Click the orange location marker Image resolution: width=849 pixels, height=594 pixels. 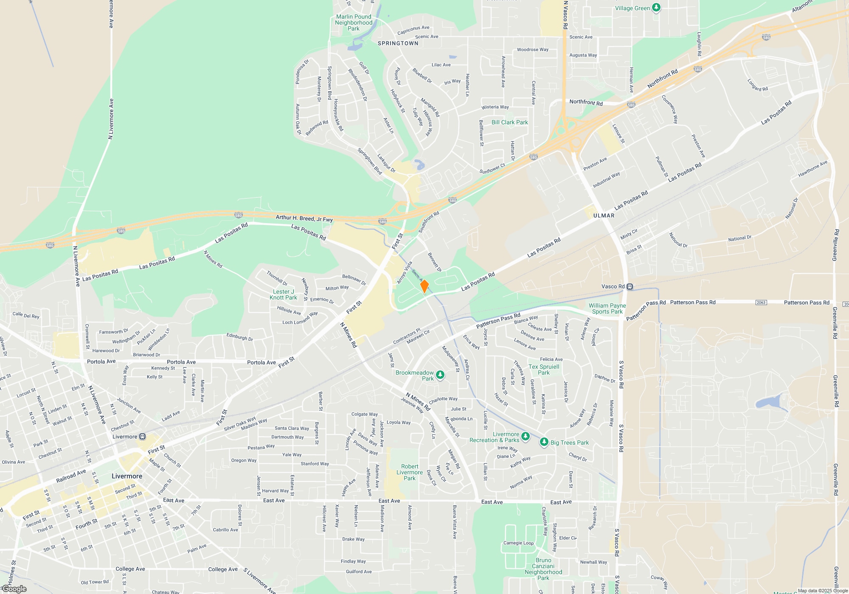[x=424, y=286]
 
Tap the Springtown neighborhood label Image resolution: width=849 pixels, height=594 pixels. [x=398, y=43]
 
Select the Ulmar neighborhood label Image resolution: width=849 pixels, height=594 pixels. [x=604, y=216]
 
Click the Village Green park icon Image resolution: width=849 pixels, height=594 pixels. [x=656, y=8]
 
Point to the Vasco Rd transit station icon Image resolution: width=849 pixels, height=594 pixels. [x=630, y=287]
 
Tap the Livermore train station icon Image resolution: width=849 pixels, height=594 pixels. [x=143, y=437]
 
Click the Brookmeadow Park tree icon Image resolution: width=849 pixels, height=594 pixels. [x=440, y=375]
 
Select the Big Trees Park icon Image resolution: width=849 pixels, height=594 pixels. [x=544, y=442]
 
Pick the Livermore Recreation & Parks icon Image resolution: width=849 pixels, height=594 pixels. [x=525, y=437]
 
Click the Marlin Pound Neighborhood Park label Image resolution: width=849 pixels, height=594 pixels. [x=353, y=22]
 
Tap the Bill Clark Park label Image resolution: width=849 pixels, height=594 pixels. [x=509, y=122]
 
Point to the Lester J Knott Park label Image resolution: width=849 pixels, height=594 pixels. [x=283, y=294]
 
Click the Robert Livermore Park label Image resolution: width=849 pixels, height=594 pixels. [x=410, y=472]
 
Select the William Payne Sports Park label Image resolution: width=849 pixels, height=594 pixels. [x=607, y=308]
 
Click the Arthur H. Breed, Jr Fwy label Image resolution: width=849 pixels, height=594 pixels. [x=304, y=218]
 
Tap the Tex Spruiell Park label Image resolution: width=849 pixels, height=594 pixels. [x=543, y=370]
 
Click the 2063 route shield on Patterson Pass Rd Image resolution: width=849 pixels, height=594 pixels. [x=761, y=303]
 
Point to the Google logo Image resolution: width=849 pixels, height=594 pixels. [x=14, y=589]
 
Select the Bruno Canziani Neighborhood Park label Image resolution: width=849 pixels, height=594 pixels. [x=543, y=569]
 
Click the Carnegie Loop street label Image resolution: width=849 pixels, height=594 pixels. [x=518, y=543]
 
